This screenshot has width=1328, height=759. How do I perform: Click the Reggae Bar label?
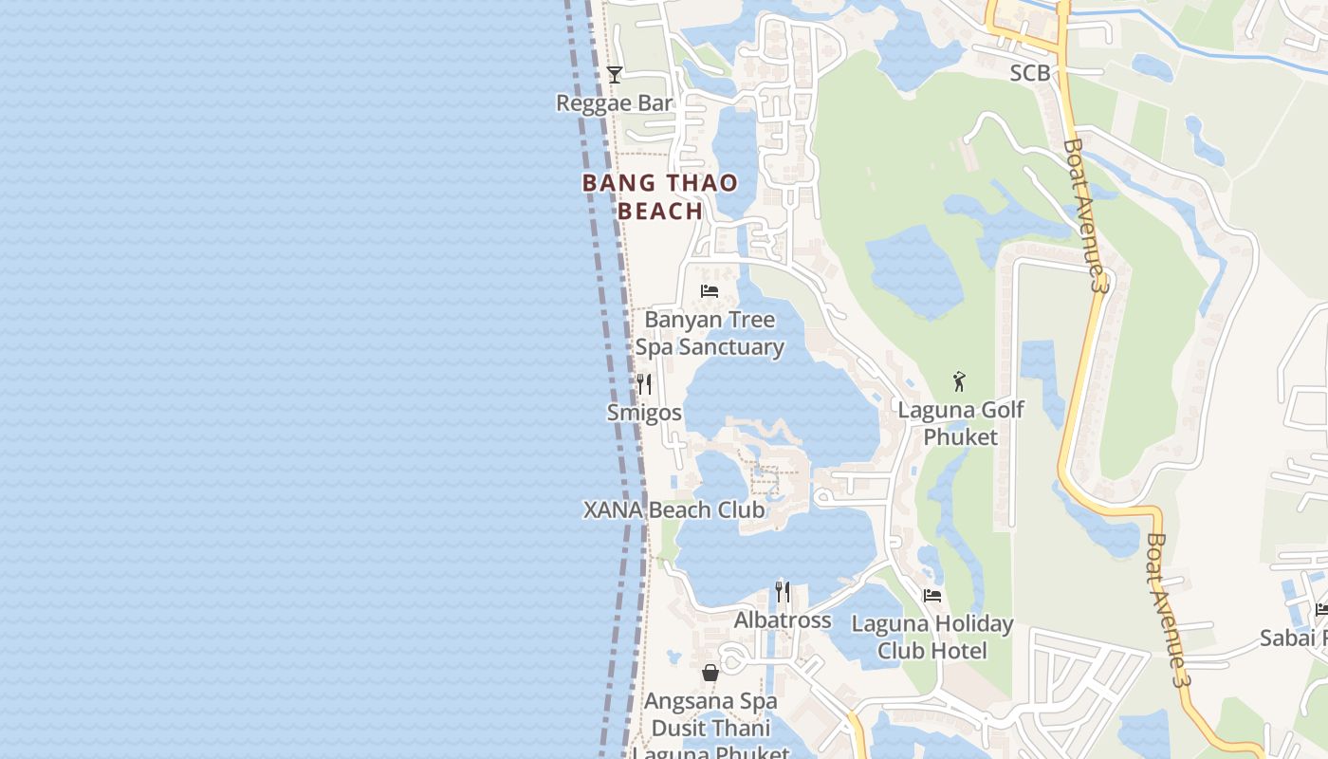[614, 103]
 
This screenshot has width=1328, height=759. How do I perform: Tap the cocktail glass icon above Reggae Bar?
[615, 74]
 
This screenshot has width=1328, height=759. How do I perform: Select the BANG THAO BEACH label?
[660, 196]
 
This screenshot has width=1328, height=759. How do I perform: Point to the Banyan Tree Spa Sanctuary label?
[710, 333]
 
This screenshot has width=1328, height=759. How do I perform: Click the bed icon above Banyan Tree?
[709, 291]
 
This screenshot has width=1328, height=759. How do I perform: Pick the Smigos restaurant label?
[644, 413]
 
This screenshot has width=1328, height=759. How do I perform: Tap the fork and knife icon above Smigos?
[644, 383]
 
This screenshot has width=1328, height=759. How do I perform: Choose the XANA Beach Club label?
[673, 509]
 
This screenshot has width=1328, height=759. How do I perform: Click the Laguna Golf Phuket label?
[961, 423]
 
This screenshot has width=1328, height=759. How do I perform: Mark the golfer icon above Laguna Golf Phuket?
[959, 382]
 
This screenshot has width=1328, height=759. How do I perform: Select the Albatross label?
[783, 620]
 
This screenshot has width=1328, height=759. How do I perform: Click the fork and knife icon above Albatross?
[783, 592]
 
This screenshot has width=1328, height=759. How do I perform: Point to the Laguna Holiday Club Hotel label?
[932, 638]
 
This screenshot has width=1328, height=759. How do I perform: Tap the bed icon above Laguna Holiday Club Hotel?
[932, 596]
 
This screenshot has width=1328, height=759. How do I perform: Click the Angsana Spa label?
[710, 702]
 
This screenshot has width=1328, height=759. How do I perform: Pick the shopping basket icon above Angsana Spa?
[710, 674]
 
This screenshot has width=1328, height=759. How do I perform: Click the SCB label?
[1030, 72]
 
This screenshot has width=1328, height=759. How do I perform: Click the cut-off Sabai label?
[1293, 638]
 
